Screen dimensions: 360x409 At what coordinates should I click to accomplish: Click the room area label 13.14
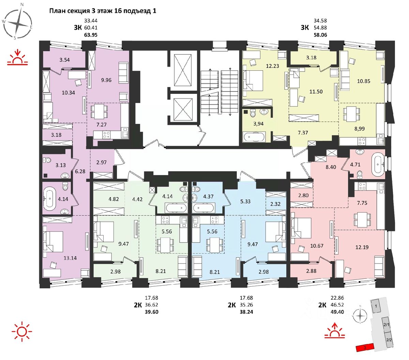click(x=70, y=258)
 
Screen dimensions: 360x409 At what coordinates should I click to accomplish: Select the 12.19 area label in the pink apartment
click(x=362, y=247)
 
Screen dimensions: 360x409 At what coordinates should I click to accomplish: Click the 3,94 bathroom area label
click(x=258, y=124)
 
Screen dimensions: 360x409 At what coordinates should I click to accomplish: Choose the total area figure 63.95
click(x=91, y=34)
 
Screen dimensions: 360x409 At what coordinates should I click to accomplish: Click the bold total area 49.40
click(x=337, y=312)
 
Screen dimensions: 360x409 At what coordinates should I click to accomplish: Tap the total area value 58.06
click(x=320, y=34)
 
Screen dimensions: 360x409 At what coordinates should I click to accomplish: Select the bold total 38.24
click(x=246, y=312)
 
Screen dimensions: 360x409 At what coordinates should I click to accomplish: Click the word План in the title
click(x=57, y=11)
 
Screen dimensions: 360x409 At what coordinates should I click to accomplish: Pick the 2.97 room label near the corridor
click(x=102, y=162)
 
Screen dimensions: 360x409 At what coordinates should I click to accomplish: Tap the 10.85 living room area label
click(x=364, y=81)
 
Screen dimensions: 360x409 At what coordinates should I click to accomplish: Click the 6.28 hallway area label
click(x=80, y=171)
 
